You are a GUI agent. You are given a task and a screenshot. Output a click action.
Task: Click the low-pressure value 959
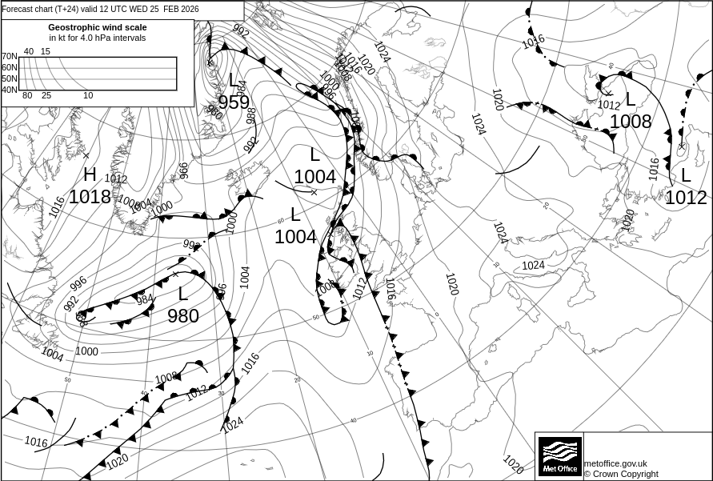(234, 102)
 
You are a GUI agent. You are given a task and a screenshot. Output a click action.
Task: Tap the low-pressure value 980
(183, 316)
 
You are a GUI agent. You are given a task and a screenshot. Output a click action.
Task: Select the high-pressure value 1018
(90, 196)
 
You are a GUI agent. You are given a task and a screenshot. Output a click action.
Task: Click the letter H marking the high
(90, 174)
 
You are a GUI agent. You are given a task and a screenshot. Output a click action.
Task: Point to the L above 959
(234, 81)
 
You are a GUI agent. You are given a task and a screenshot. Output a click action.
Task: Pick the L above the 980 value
(183, 294)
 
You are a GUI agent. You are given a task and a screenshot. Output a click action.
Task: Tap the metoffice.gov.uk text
(615, 463)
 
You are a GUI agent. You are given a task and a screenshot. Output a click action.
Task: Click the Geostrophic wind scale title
(97, 27)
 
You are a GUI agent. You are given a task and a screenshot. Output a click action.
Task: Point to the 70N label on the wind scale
(10, 57)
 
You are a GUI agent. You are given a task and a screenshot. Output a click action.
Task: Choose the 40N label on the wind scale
(10, 90)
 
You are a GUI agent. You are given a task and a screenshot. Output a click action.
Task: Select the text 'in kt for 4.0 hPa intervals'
(98, 38)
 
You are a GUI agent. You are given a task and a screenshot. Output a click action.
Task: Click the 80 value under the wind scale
(27, 96)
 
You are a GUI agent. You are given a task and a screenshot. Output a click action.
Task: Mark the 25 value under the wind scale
(46, 96)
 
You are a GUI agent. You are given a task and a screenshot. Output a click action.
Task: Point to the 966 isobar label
(183, 170)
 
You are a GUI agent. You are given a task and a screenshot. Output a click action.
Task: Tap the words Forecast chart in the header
(28, 9)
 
